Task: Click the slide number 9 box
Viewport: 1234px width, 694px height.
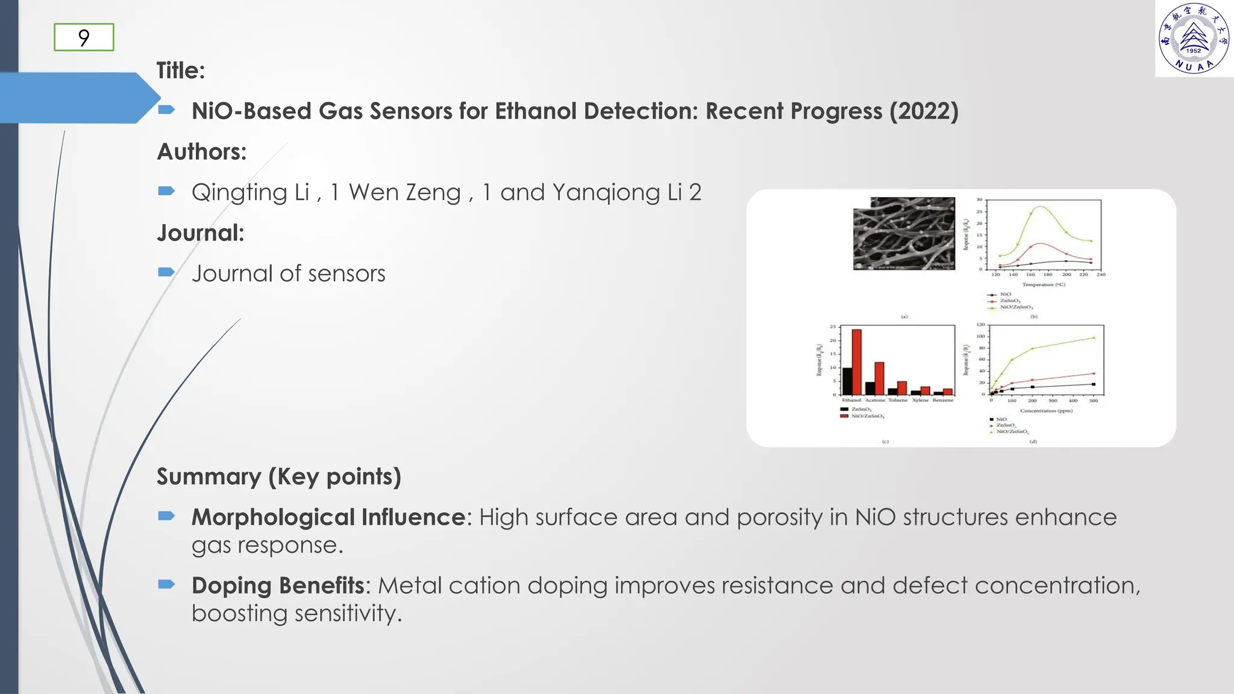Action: [x=84, y=37]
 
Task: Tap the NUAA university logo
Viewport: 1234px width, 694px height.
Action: [x=1194, y=39]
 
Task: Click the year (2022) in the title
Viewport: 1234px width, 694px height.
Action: [x=924, y=111]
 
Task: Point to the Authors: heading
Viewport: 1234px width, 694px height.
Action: [x=202, y=152]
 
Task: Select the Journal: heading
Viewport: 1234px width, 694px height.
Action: [x=201, y=233]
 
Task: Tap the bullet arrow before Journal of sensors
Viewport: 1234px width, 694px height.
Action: [x=166, y=272]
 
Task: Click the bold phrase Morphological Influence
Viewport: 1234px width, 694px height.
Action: [x=328, y=517]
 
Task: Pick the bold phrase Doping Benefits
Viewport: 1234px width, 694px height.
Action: [x=278, y=586]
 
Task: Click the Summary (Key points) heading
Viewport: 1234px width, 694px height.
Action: [x=278, y=477]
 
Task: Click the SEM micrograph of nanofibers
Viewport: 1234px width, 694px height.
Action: [x=904, y=233]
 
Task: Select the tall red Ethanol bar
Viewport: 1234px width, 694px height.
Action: [x=856, y=362]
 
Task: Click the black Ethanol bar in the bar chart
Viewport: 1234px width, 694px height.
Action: [x=847, y=381]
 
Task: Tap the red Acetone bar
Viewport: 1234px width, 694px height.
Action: [x=879, y=378]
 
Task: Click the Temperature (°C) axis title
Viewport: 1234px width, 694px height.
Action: [x=1044, y=284]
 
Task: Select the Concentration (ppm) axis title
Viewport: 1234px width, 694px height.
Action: [x=1046, y=411]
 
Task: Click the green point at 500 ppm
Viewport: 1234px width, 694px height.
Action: [x=1094, y=337]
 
